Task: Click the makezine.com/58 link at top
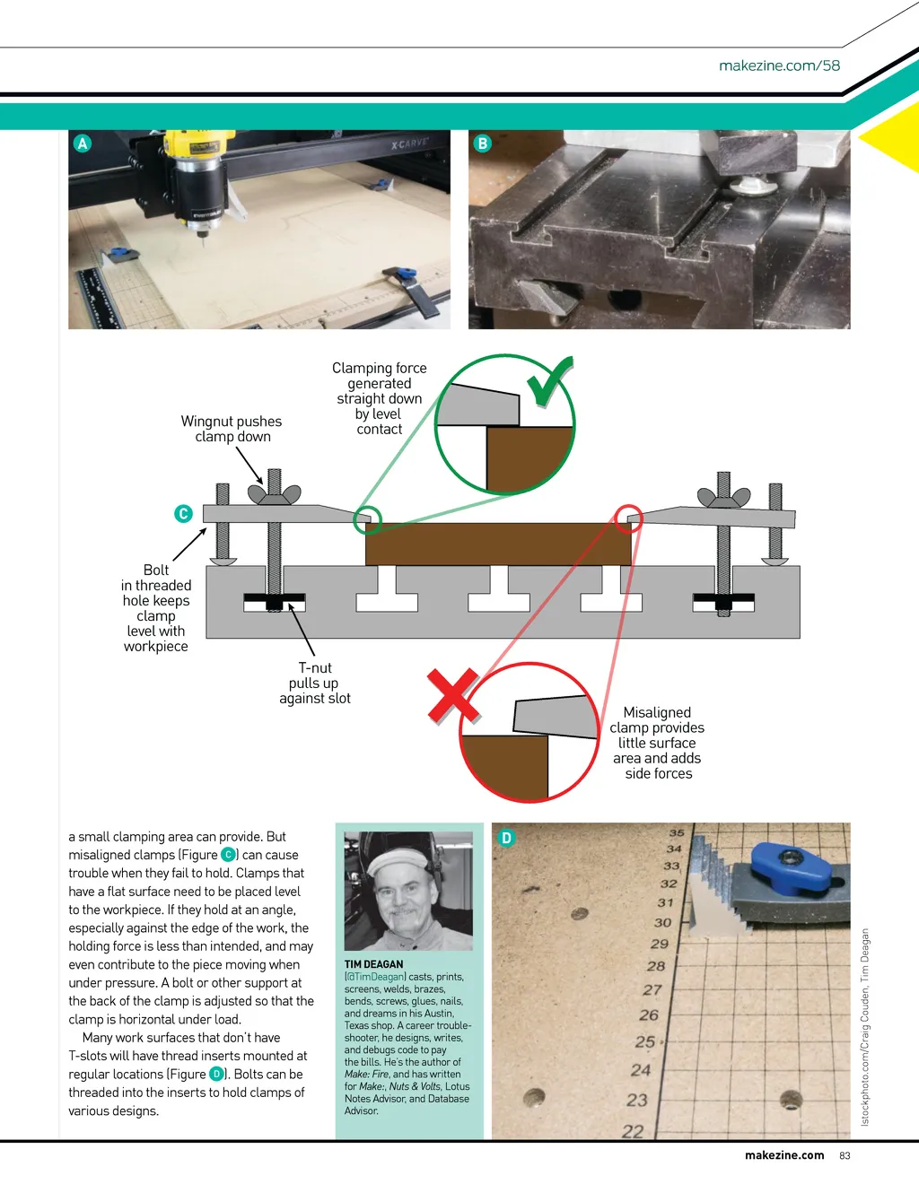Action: [x=779, y=65]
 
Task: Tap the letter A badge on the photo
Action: [x=83, y=144]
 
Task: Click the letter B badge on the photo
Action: [x=482, y=144]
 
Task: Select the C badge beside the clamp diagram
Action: [x=183, y=514]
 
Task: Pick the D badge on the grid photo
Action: [x=506, y=838]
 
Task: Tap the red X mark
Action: [x=454, y=696]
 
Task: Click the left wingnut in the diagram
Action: [x=274, y=494]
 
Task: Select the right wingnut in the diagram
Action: [x=724, y=497]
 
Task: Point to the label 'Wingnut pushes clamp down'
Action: [x=232, y=429]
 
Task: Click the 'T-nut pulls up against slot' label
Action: [x=315, y=683]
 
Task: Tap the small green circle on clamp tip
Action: [x=367, y=520]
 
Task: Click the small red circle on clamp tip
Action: [x=628, y=518]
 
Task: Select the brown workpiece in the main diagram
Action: [x=499, y=544]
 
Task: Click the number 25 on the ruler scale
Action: [x=645, y=1041]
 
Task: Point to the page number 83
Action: [x=845, y=1155]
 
